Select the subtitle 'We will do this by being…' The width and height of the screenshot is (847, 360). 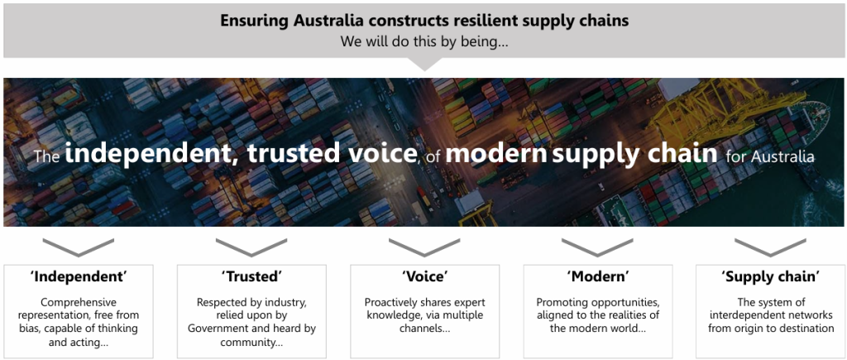(x=424, y=41)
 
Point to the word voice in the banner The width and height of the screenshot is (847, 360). (x=378, y=153)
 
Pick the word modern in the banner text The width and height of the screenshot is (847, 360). (x=496, y=153)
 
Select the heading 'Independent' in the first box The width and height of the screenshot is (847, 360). (x=79, y=276)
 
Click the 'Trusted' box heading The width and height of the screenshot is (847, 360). (x=251, y=276)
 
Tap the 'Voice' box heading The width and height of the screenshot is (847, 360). (x=424, y=276)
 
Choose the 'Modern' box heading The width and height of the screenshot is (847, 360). (x=598, y=276)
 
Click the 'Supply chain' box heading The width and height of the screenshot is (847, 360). (x=771, y=277)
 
